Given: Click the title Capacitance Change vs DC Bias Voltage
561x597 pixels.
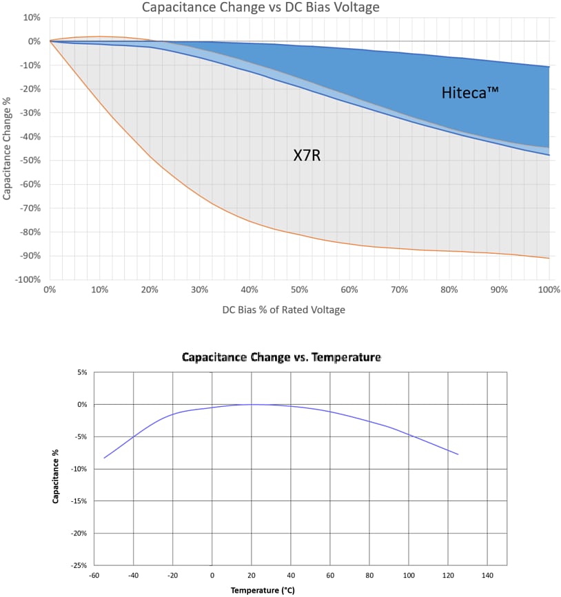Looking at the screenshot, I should pyautogui.click(x=261, y=8).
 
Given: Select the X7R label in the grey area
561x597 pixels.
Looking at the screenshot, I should pyautogui.click(x=307, y=156).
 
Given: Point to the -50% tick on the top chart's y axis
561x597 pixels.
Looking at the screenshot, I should pyautogui.click(x=31, y=161).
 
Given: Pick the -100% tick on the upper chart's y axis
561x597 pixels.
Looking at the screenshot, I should pyautogui.click(x=29, y=280).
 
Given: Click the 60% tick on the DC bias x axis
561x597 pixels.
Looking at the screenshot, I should pyautogui.click(x=349, y=290).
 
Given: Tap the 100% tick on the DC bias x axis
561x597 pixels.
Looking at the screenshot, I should pyautogui.click(x=549, y=290).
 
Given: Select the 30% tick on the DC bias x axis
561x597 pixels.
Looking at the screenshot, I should pyautogui.click(x=200, y=290).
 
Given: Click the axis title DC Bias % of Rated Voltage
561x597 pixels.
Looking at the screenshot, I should pyautogui.click(x=283, y=310).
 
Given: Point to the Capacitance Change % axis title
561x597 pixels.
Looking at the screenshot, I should pyautogui.click(x=7, y=148).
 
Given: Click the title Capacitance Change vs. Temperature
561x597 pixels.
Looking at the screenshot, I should pyautogui.click(x=281, y=358).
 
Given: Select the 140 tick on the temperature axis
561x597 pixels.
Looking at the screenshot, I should pyautogui.click(x=488, y=575).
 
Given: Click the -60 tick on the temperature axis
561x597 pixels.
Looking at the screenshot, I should pyautogui.click(x=94, y=575).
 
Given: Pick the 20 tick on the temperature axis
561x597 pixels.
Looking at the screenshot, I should pyautogui.click(x=252, y=575).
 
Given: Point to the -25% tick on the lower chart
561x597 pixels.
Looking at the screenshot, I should pyautogui.click(x=78, y=565).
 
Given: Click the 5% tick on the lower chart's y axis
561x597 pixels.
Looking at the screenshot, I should pyautogui.click(x=81, y=372).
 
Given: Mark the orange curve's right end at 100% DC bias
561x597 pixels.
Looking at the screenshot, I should pyautogui.click(x=549, y=259).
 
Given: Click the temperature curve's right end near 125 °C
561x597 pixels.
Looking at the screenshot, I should pyautogui.click(x=458, y=454).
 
